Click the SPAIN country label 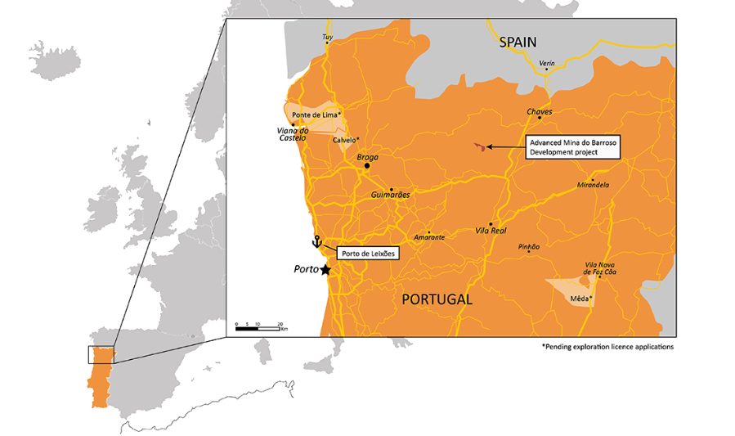tap(518, 42)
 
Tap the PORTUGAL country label tap(437, 299)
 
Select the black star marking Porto tap(325, 270)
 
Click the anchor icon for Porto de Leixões tap(316, 241)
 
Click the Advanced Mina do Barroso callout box tap(573, 146)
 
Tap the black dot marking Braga tap(367, 166)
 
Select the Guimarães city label tap(390, 196)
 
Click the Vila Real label tap(491, 232)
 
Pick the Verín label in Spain tap(547, 62)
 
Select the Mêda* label tap(580, 299)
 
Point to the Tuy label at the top tap(328, 38)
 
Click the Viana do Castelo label tap(291, 134)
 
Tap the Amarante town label tap(429, 237)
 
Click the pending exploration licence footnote tap(607, 347)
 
